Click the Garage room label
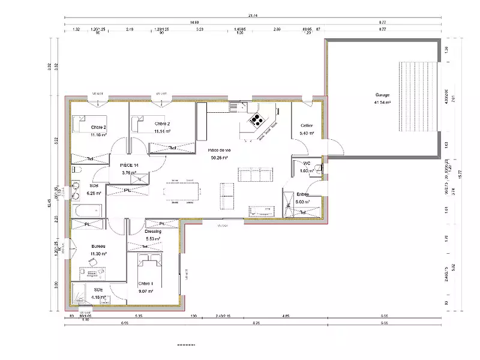[383, 95]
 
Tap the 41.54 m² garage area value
[382, 103]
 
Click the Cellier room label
[307, 125]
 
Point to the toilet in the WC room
[320, 169]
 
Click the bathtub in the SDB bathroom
[87, 211]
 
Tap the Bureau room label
[98, 247]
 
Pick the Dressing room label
[153, 231]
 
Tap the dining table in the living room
[181, 189]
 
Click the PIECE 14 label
[129, 164]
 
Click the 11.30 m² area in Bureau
[99, 254]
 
